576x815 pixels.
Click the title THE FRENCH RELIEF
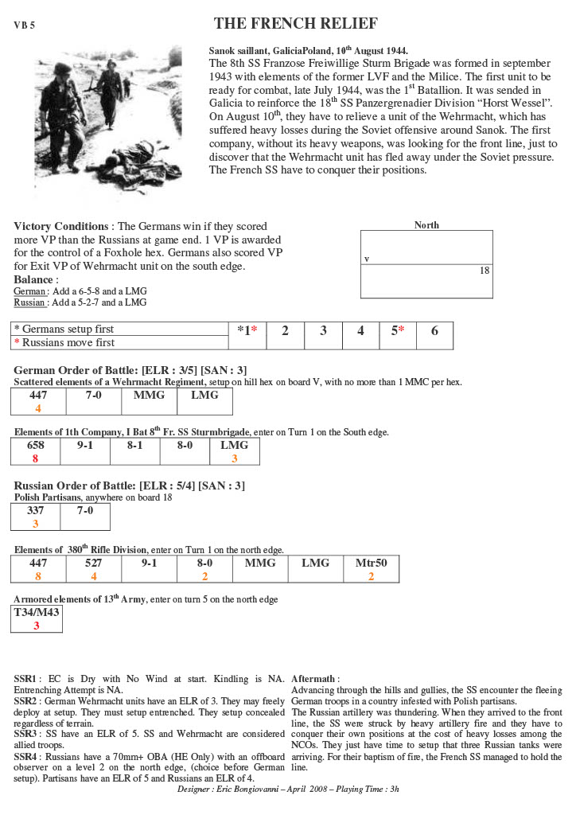(296, 23)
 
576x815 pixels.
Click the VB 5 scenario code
(24, 25)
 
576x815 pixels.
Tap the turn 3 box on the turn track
(323, 331)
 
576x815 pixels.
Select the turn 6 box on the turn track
(434, 331)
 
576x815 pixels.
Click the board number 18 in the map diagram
(484, 271)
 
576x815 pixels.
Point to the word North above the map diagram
(426, 225)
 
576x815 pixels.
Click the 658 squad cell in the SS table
(36, 451)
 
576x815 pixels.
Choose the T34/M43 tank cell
(36, 618)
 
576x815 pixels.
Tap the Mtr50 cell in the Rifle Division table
(371, 569)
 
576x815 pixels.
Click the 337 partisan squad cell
(36, 517)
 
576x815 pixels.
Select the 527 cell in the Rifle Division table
(94, 569)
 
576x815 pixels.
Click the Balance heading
(34, 280)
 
